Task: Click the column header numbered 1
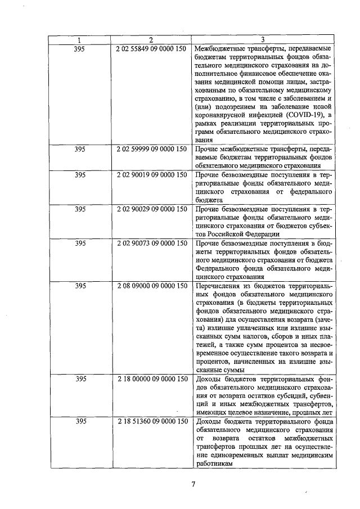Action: [x=79, y=39]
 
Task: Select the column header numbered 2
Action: [x=151, y=39]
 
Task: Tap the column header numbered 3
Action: [x=263, y=39]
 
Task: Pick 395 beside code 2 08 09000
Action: [x=79, y=286]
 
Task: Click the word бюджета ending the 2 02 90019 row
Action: [x=208, y=200]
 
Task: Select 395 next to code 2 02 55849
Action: [x=79, y=49]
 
